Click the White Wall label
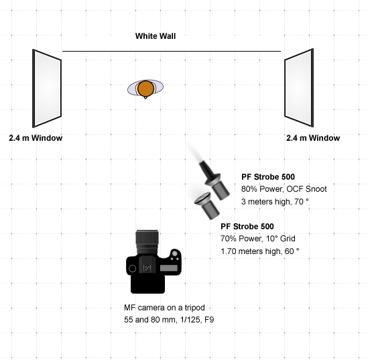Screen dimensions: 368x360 coord(156,36)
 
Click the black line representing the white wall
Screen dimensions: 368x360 coord(172,51)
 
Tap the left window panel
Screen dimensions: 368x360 coord(47,88)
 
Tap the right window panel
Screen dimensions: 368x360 coord(299,88)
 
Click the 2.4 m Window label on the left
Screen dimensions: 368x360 coord(36,137)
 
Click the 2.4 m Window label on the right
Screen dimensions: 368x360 coord(313,137)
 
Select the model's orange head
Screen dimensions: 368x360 coord(145,88)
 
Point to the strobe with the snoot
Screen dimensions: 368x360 coord(213,179)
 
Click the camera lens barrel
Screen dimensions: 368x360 coord(147,242)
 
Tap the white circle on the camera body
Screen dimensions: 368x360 coord(132,268)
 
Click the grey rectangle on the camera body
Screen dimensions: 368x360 coord(169,267)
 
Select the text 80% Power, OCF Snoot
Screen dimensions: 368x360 coord(284,189)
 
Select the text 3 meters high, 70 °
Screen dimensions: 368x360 coord(275,202)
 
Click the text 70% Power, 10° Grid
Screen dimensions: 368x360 coord(258,239)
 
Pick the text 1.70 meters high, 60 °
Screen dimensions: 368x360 coord(260,251)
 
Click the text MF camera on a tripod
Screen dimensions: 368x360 coord(164,308)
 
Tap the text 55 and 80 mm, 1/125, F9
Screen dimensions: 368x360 coord(169,320)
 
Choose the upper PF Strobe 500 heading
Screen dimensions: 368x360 coord(268,177)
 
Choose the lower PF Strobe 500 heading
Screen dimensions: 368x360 coord(247,227)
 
